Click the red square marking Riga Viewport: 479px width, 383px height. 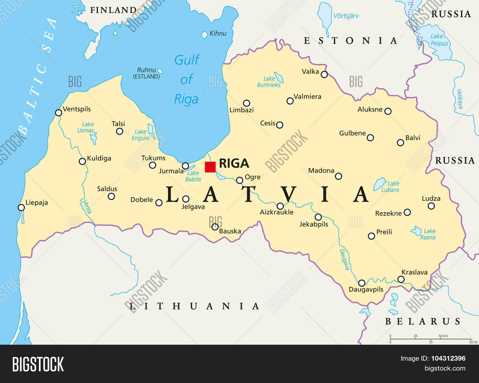click(x=210, y=167)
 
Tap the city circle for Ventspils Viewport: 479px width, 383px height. click(x=58, y=113)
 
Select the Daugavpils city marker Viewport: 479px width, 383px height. click(x=361, y=283)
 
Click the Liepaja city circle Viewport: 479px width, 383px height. click(x=21, y=208)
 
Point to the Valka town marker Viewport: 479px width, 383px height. click(x=324, y=74)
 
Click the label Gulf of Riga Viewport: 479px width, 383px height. click(x=187, y=79)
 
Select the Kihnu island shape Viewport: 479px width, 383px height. click(x=204, y=35)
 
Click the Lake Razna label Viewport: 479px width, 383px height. click(x=428, y=234)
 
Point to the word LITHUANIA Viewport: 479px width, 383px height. click(x=194, y=306)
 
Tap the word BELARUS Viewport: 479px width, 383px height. click(x=423, y=321)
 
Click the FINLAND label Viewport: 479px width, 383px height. click(x=113, y=10)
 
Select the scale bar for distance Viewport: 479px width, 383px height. click(x=430, y=339)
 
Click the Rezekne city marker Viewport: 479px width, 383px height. click(x=407, y=212)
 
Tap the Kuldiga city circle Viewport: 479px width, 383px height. click(x=82, y=161)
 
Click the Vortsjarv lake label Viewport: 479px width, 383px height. click(x=346, y=16)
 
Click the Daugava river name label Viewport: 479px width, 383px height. click(x=344, y=259)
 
